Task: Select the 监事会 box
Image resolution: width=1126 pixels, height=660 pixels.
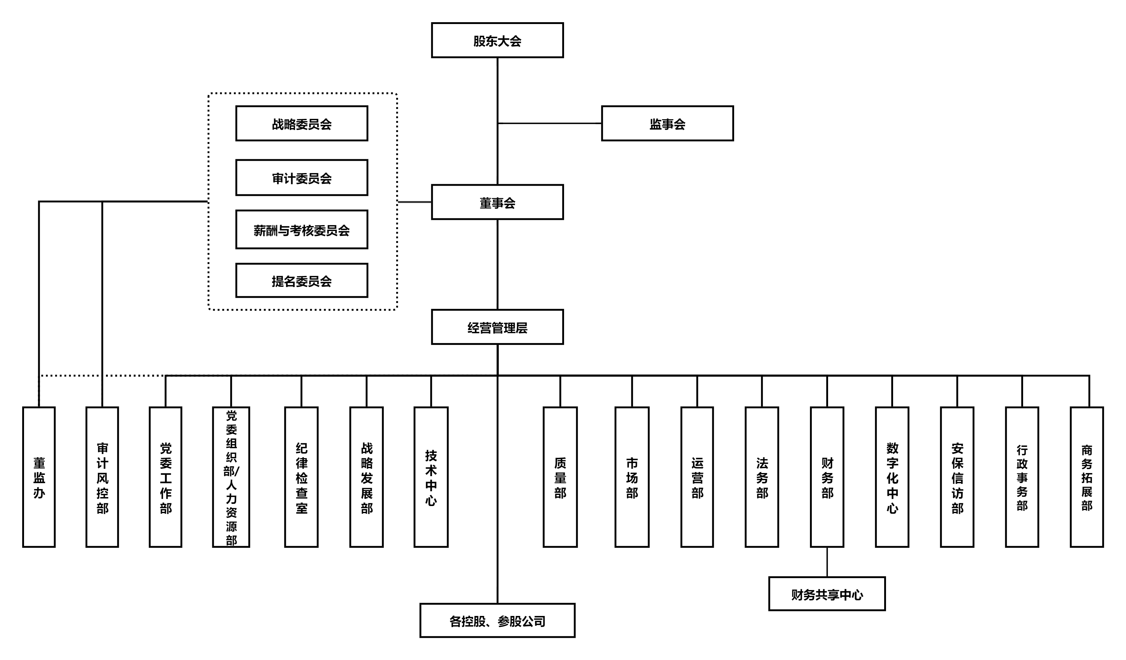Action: (667, 124)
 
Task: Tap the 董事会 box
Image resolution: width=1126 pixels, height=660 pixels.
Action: (497, 202)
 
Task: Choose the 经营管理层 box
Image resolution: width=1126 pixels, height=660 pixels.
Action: (497, 327)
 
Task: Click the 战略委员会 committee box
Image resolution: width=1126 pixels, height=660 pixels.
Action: (302, 124)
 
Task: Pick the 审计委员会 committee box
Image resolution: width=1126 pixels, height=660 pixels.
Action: (302, 178)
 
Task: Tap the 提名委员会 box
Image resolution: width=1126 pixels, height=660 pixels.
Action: (302, 281)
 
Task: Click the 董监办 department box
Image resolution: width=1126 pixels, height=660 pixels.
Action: (39, 477)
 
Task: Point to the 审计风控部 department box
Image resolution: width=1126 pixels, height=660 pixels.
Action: (102, 477)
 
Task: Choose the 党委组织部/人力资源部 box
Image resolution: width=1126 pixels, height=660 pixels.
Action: (231, 477)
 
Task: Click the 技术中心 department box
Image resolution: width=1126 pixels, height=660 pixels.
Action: (431, 477)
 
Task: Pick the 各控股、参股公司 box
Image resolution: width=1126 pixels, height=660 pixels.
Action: (497, 621)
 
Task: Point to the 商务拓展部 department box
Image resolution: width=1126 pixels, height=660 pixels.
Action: (1087, 477)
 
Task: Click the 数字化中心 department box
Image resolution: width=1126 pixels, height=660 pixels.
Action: (892, 477)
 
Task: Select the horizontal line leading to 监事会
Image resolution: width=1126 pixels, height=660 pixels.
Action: (550, 123)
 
